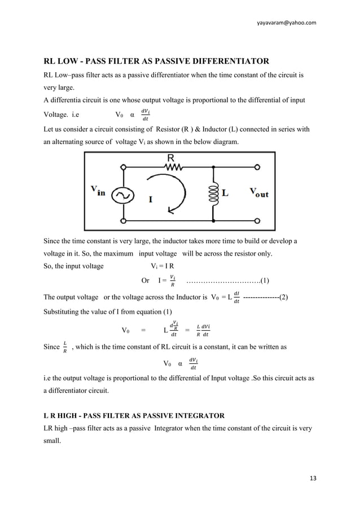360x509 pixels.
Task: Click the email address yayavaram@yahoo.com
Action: [286, 22]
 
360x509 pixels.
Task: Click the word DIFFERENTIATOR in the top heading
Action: [226, 61]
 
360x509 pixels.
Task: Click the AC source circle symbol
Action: [122, 195]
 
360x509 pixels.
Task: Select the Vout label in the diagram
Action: [258, 193]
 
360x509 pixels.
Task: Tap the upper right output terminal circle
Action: [258, 167]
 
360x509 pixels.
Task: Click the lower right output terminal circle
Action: [258, 220]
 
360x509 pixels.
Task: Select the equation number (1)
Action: [264, 280]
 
